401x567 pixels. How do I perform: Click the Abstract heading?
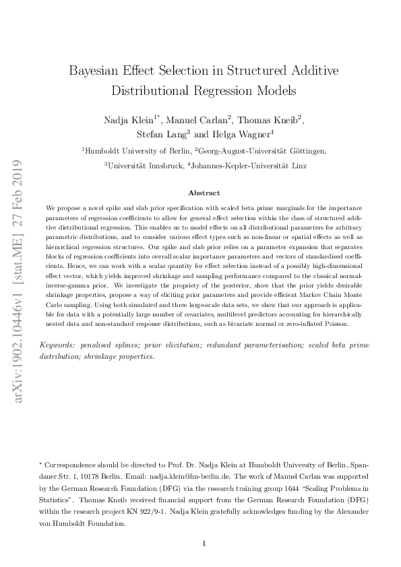204,193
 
